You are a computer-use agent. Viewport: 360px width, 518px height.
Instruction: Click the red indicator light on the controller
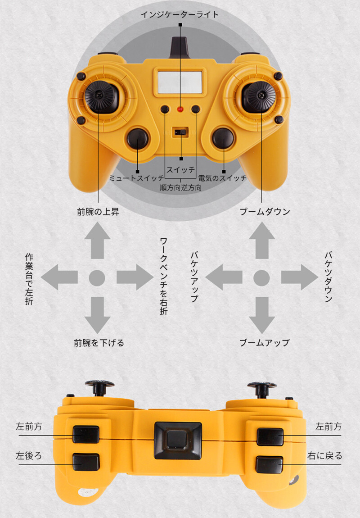coord(180,109)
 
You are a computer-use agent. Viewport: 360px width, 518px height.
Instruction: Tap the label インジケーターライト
coord(180,14)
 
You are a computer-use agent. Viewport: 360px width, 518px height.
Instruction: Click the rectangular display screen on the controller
coord(180,82)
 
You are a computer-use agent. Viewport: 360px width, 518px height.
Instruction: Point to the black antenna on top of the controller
coord(180,47)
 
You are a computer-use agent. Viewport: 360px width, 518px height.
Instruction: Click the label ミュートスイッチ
coord(136,178)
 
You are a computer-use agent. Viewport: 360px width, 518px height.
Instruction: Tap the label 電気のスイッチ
coord(222,178)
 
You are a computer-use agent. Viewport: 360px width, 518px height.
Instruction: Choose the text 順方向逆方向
coord(181,188)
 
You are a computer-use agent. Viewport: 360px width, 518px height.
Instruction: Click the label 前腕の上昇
coord(98,212)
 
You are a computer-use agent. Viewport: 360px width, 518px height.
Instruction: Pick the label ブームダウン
coord(265,212)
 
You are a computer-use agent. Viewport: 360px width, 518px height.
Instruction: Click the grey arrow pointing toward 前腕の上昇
coord(97,240)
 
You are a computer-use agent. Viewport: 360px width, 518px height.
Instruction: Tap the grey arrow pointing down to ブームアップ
coord(262,315)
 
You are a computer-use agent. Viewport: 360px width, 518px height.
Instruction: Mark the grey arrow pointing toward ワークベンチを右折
coord(135,277)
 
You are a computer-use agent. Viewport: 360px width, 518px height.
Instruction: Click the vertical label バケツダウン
coord(328,277)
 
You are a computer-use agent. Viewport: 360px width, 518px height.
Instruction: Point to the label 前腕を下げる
coord(99,343)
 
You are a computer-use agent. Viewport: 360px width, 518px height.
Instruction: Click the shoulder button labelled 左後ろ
coord(86,462)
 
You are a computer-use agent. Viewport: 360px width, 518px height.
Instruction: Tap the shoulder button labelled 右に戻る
coord(269,464)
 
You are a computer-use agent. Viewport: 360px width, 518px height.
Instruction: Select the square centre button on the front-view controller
coord(178,440)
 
